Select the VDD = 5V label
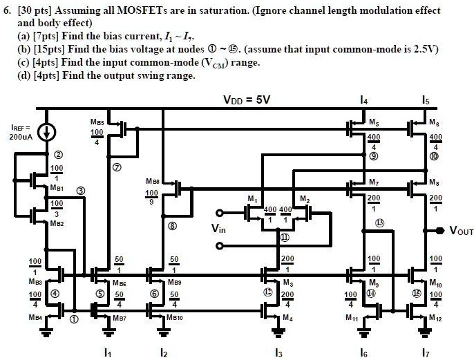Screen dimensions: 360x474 pos(246,100)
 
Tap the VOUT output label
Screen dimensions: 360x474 pos(461,231)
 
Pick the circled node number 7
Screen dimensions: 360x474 pos(116,167)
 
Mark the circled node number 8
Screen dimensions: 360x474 pos(172,225)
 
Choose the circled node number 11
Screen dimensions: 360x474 pos(284,236)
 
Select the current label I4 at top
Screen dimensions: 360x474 pos(364,101)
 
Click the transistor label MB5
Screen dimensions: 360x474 pos(97,122)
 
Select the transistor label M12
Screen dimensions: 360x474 pos(435,317)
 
